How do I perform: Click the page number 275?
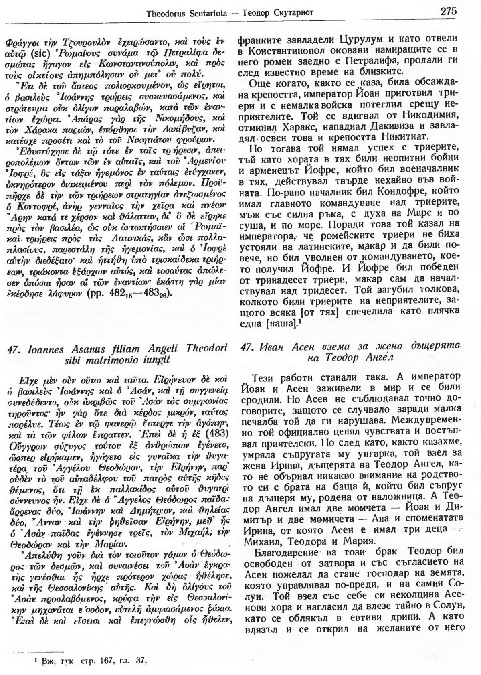448,12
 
